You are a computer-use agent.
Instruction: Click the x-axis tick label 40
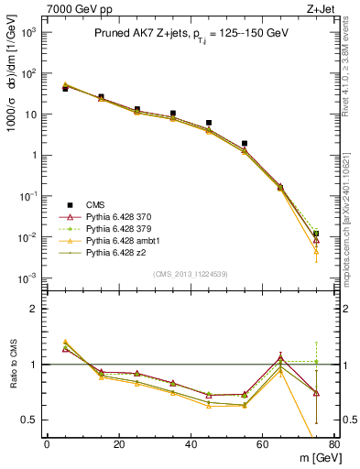(191, 443)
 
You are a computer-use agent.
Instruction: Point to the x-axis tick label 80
(333, 443)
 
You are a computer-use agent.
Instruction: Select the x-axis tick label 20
(118, 443)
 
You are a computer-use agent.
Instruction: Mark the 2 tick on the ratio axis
(33, 309)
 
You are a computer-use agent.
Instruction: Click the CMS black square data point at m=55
(245, 143)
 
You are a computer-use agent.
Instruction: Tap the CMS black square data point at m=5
(65, 89)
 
